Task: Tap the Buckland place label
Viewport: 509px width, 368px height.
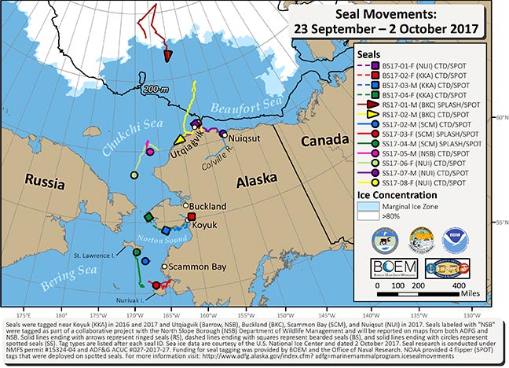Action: click(203, 206)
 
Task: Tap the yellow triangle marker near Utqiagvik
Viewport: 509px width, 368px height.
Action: click(178, 140)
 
